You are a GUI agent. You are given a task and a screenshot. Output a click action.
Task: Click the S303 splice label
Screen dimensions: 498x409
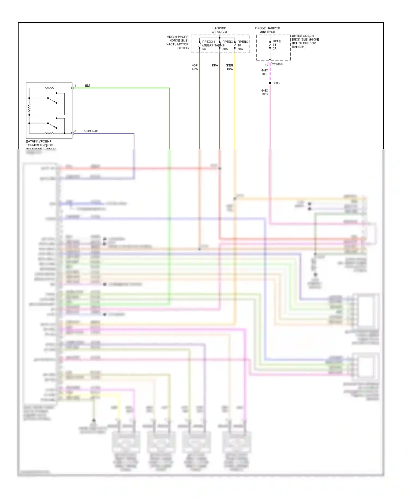[276, 83]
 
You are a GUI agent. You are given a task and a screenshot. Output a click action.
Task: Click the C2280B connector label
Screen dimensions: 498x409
[277, 65]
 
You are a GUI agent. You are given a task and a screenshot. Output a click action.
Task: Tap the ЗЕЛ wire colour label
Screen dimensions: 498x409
[87, 86]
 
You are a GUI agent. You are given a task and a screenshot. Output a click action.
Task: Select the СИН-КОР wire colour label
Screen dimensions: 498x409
[91, 131]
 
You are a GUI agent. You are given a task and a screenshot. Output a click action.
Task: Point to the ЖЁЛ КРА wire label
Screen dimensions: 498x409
[230, 67]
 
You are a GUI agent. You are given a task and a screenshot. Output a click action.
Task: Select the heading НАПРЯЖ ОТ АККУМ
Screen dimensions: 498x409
[219, 30]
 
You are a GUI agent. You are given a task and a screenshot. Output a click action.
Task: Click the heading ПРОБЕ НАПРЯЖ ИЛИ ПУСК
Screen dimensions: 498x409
[267, 30]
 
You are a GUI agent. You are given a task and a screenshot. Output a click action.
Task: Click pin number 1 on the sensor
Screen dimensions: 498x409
[75, 86]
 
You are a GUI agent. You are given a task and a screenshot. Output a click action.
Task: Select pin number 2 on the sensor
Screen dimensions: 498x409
[75, 131]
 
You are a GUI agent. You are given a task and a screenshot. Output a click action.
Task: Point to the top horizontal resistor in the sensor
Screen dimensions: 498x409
[50, 88]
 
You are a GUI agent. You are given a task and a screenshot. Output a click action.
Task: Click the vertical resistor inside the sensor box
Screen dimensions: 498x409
[29, 109]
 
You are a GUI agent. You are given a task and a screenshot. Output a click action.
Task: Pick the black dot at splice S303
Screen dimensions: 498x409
[270, 83]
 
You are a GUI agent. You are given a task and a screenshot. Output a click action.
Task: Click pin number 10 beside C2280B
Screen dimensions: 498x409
[266, 65]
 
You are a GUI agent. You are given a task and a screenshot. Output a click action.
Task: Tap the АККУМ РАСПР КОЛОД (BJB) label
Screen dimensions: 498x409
[178, 42]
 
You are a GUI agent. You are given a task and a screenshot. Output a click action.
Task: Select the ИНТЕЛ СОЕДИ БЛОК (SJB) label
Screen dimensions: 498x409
[305, 41]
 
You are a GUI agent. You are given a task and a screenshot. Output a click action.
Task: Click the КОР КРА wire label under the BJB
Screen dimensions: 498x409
[195, 67]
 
